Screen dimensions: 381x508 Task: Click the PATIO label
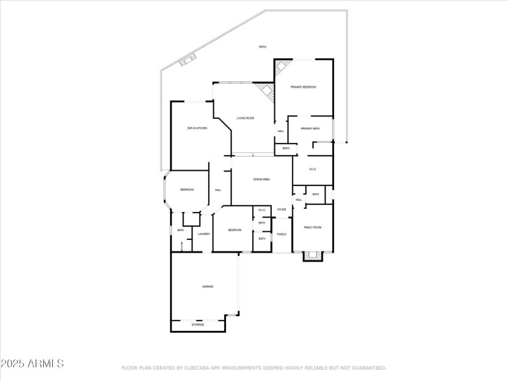pos(262,47)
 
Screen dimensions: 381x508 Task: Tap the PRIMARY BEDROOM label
pos(303,87)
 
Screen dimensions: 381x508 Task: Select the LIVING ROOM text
pos(246,118)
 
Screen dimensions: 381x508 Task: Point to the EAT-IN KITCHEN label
pos(197,128)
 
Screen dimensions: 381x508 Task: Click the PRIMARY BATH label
pos(310,128)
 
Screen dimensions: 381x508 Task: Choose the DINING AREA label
pos(262,180)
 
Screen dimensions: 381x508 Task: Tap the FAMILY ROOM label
pos(312,227)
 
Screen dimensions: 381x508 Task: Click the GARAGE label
pos(208,287)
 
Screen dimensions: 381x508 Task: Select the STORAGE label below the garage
pos(198,324)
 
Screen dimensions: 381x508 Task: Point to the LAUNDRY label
pos(204,234)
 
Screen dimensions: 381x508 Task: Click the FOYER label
pos(281,210)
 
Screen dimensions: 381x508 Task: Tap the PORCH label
pos(281,234)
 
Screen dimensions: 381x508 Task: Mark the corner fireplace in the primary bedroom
pos(283,67)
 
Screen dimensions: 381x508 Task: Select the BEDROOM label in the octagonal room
pos(187,190)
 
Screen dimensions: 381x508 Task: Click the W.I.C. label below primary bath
pos(312,169)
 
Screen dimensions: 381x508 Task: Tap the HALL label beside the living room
pos(281,131)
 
